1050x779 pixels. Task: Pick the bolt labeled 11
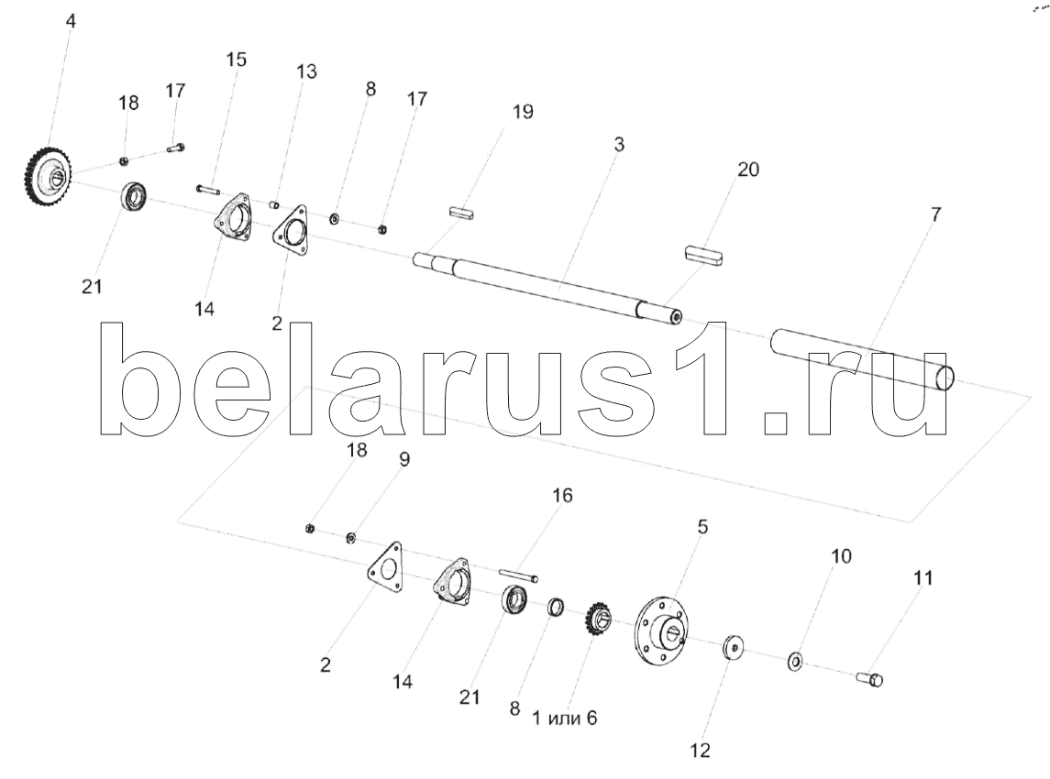[871, 679]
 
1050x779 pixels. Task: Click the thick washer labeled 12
[734, 648]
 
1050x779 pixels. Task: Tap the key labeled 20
[704, 254]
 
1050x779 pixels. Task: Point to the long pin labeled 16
[519, 575]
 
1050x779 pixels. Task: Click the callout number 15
[236, 60]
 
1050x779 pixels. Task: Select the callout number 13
[306, 71]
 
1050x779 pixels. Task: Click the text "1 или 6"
[564, 718]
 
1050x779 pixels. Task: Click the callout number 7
[935, 214]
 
